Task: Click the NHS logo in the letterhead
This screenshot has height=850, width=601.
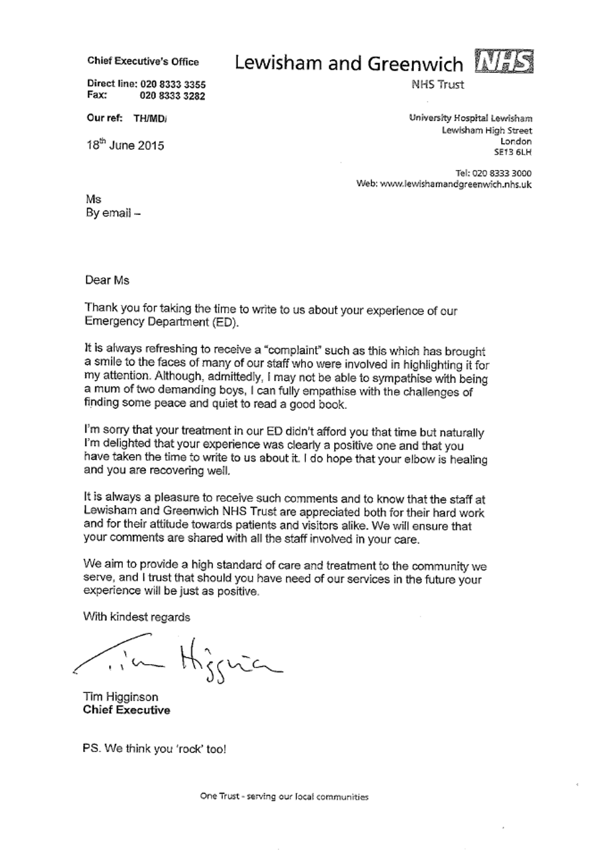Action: pos(504,63)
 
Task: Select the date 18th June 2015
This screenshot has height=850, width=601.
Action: pos(125,145)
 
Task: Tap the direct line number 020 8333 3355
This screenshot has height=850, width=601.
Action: pos(172,84)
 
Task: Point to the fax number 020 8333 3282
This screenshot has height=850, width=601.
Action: pos(172,96)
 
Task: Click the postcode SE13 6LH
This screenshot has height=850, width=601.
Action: pos(513,152)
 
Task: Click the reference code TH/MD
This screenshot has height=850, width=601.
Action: pos(150,118)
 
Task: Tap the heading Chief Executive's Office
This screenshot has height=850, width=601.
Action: pos(143,61)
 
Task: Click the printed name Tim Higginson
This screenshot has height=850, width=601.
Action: pos(120,697)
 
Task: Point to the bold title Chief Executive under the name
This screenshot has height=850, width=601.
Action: pos(126,710)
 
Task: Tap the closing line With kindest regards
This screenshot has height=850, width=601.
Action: pos(137,617)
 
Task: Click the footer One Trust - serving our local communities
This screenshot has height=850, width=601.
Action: pos(284,797)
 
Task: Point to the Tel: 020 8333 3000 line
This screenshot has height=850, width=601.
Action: pos(493,173)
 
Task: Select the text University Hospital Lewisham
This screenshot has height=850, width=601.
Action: pos(470,118)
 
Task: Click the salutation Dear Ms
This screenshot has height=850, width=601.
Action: pos(107,280)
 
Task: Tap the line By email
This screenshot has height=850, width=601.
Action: pos(113,213)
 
